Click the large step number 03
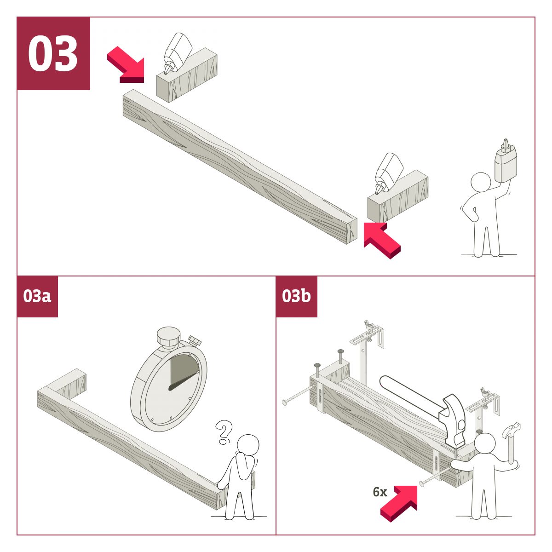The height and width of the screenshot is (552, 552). coord(53,53)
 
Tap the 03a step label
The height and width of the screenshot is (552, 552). coord(37,296)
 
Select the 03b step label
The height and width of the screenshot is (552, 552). coord(296,296)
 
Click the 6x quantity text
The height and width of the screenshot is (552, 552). coord(380,492)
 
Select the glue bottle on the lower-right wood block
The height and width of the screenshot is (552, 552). coord(388,173)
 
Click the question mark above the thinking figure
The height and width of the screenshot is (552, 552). coord(224,432)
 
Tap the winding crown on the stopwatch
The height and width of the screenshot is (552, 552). coord(169,337)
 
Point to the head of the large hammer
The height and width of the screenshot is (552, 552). coord(454,420)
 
